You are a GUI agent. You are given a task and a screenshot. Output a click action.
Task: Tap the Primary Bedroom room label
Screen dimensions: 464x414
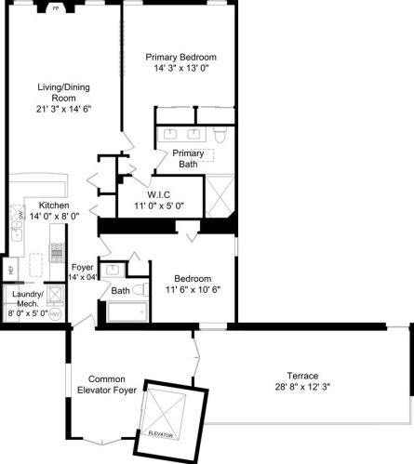(x=187, y=57)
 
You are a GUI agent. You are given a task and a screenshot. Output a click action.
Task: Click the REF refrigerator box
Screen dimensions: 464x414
(x=11, y=270)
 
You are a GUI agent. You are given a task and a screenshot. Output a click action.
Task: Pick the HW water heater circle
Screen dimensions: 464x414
(x=54, y=313)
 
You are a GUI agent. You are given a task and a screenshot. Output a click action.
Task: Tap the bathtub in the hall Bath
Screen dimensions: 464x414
(x=125, y=311)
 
